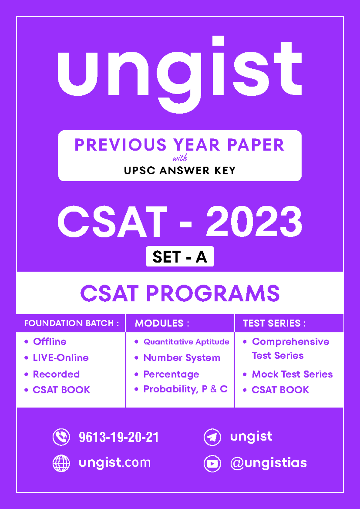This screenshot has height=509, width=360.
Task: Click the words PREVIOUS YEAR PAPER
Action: pos(179,145)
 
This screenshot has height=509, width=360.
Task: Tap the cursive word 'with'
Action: pos(180,158)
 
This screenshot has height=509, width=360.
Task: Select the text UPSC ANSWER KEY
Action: pos(179,170)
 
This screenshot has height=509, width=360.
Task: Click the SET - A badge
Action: pos(180,257)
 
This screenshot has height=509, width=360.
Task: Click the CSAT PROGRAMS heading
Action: pos(180,293)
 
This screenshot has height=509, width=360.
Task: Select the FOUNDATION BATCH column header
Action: pos(71,323)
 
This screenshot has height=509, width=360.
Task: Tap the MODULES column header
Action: pos(162,323)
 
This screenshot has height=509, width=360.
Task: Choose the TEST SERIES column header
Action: pos(274,323)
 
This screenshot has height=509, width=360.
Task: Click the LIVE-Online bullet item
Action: pos(61,358)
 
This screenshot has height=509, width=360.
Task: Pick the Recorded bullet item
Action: pos(56,374)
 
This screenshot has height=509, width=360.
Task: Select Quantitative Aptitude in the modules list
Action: pos(186,342)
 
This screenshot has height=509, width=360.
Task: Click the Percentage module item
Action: pos(171,374)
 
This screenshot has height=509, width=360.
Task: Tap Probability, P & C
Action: pos(185,389)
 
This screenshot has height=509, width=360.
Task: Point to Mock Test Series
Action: pos(292,374)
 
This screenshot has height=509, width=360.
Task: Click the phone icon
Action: pos(61,437)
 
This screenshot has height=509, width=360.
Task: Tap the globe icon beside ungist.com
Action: pos(61,463)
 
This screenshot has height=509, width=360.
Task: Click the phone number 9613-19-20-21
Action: pos(119,437)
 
